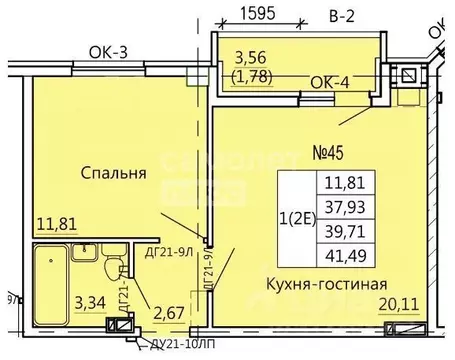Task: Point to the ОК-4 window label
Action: tap(329, 84)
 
